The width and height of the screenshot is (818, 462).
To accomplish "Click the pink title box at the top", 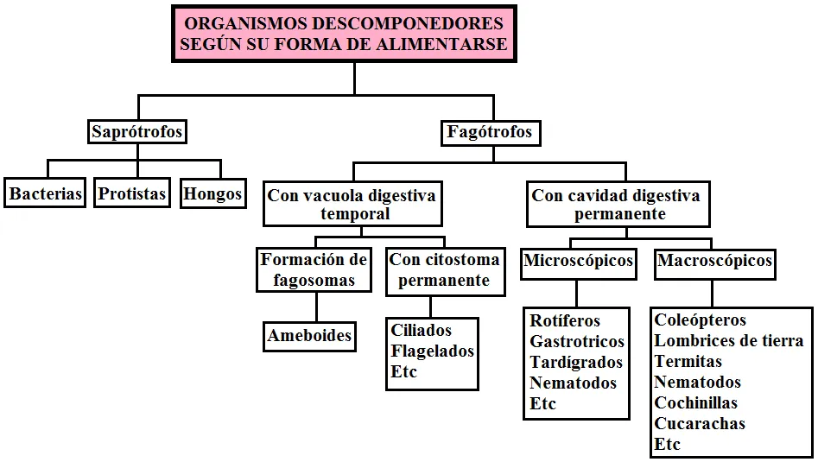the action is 344,34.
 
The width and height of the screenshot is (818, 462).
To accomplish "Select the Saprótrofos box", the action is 137,131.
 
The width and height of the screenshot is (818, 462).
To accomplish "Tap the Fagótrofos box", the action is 490,132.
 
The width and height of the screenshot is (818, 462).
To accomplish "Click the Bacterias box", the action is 45,193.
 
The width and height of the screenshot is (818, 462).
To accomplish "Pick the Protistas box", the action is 132,193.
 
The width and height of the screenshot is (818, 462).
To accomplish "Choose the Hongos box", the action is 212,193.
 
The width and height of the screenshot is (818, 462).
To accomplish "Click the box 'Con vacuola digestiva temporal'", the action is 352,204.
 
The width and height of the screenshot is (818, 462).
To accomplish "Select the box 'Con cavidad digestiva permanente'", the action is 618,204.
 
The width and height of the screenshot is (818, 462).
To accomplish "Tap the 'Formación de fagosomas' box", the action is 314,269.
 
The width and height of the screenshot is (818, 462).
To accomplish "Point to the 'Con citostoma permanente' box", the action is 446,272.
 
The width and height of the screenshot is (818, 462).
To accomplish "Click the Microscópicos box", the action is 579,264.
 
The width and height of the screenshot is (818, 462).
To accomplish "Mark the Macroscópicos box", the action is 714,264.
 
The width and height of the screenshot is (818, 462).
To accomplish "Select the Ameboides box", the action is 310,336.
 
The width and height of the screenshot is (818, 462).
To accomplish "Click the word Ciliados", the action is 421,330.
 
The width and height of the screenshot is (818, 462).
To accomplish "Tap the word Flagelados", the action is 433,351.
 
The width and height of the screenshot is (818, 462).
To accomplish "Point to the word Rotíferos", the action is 565,320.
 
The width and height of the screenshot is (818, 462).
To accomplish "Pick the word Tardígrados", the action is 576,362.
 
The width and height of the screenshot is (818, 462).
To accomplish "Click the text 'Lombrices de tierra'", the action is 729,340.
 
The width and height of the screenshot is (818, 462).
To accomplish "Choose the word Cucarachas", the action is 700,423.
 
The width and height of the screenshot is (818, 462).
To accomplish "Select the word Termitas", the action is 688,361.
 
